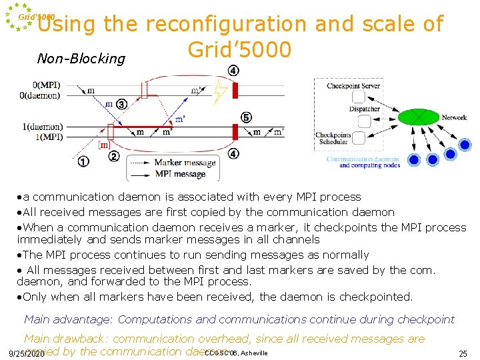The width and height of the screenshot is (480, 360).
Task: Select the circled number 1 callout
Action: tap(83, 161)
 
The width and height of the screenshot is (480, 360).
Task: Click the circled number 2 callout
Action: tap(114, 157)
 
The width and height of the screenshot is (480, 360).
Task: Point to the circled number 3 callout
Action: tap(121, 104)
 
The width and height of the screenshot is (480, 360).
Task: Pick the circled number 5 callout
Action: tap(246, 118)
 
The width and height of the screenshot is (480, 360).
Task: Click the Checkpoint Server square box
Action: tap(365, 96)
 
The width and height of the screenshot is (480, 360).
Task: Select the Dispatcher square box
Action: tap(365, 121)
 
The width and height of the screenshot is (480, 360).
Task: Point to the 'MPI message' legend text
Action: tap(180, 174)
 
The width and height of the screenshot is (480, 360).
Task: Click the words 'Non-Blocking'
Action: tap(81, 59)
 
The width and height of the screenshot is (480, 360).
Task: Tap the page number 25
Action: tap(463, 353)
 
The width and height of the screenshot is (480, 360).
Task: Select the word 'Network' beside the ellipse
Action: tap(454, 117)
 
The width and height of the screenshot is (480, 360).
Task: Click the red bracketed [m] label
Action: tap(103, 145)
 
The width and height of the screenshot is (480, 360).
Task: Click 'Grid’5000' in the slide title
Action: tap(239, 49)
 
